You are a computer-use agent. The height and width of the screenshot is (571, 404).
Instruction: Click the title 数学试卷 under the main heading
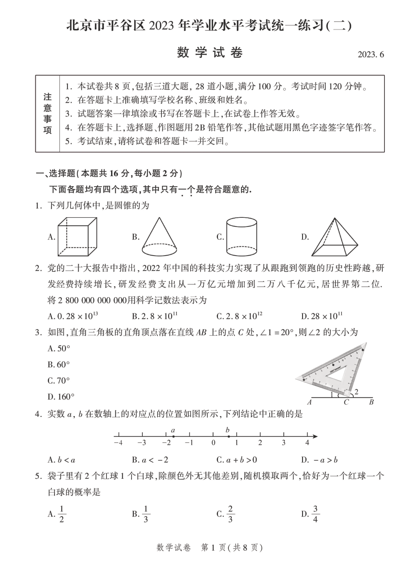210,53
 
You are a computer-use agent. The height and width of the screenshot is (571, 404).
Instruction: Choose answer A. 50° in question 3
59,348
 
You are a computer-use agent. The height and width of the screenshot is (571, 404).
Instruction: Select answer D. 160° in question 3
61,396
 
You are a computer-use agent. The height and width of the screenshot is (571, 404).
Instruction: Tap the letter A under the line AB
310,402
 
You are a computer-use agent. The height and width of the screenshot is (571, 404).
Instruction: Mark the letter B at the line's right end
371,402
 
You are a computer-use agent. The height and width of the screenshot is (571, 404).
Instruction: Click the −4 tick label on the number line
118,443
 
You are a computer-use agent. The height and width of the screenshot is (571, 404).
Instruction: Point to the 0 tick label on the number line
213,443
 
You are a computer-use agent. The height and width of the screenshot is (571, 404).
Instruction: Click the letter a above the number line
173,430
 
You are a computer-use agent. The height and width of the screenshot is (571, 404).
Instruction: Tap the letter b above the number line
228,430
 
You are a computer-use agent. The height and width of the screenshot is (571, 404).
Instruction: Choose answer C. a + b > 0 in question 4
237,460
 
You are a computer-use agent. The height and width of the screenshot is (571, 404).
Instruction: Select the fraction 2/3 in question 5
230,514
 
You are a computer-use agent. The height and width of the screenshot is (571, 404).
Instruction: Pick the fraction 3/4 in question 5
315,514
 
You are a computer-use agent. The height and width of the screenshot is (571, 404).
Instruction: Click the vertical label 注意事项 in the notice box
47,113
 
